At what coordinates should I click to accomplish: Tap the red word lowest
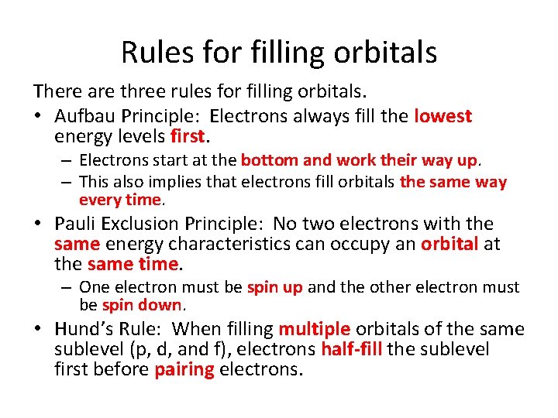(x=443, y=117)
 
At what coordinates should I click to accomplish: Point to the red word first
(x=188, y=137)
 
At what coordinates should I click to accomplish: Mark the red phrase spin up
(x=274, y=288)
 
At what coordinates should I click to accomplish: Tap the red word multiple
(x=315, y=329)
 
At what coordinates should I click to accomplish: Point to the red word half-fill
(x=351, y=349)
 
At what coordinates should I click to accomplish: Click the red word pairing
(x=184, y=369)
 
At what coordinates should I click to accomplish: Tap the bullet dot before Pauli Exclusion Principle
(x=39, y=224)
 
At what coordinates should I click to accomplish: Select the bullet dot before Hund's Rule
(x=39, y=329)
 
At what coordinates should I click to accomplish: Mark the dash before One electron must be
(x=68, y=288)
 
